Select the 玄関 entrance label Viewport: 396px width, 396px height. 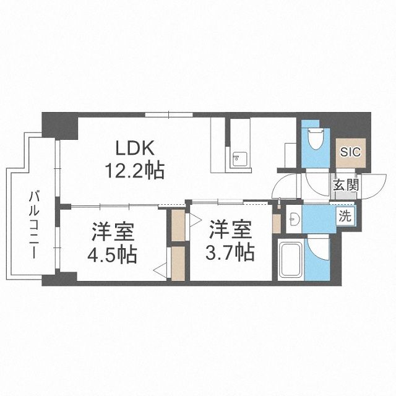(345, 184)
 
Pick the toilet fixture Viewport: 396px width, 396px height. (315, 140)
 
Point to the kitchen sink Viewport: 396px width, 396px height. (238, 159)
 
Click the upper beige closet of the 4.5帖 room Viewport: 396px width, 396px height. (178, 226)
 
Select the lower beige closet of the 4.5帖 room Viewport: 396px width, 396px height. (178, 264)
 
